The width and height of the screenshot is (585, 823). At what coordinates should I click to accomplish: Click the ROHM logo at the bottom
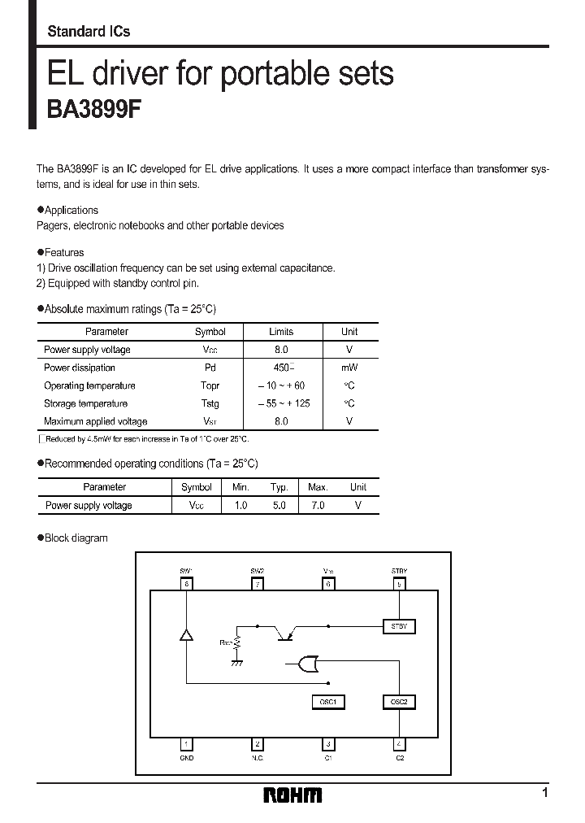coord(292,795)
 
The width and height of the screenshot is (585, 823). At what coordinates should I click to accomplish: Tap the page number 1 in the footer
coord(545,792)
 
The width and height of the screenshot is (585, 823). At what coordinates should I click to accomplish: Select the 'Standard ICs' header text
coord(89,32)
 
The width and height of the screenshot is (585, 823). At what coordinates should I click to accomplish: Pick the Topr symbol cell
coord(210,385)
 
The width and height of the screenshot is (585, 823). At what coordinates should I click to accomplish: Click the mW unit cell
coord(349,368)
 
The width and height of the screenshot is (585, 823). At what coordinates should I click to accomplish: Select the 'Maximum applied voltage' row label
coord(95,421)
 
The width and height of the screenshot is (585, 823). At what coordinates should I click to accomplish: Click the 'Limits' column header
coord(281,332)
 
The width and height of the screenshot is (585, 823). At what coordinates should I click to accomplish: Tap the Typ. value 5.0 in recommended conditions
coord(279,505)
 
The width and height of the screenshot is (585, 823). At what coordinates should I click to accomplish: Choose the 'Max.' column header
coord(318,487)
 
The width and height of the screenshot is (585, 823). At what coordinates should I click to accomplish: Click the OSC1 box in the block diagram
coord(327,701)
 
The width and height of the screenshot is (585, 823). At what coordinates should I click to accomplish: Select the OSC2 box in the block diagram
coord(398,701)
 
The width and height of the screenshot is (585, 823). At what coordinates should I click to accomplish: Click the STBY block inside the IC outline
coord(398,626)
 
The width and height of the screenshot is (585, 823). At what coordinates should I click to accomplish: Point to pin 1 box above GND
coord(187,743)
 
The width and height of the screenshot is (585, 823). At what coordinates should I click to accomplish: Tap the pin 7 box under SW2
coord(258,584)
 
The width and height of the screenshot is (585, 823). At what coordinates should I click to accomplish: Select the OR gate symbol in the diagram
coord(308,665)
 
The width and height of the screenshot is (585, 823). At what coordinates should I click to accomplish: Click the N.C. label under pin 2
coord(258,757)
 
